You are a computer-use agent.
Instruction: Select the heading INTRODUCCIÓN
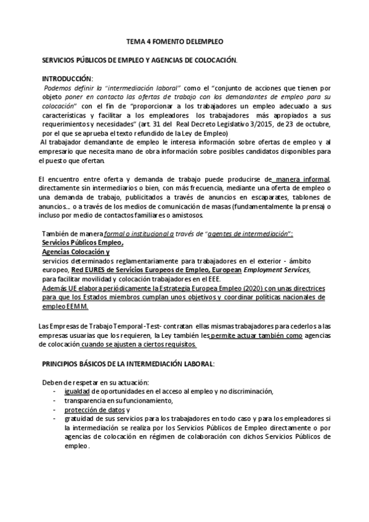pyautogui.click(x=67, y=79)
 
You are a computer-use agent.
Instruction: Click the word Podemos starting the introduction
pyautogui.click(x=57, y=89)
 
